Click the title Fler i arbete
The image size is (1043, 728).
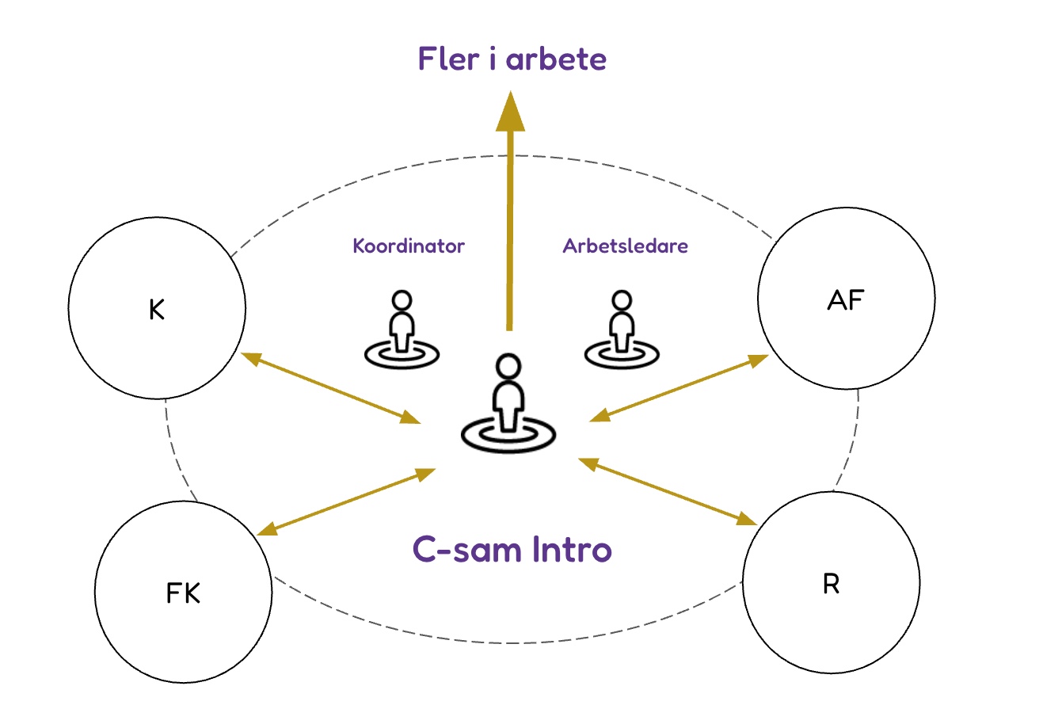[x=512, y=59]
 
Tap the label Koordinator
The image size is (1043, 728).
[x=409, y=246]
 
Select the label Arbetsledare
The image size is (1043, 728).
[x=625, y=246]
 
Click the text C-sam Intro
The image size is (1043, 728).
[x=512, y=549]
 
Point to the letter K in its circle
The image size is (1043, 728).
[x=157, y=310]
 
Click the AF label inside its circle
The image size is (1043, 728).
[x=846, y=300]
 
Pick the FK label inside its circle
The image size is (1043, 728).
[x=183, y=593]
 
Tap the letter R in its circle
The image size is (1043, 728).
[x=831, y=584]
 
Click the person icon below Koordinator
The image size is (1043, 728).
[x=402, y=330]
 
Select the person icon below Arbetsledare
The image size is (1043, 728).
[x=622, y=330]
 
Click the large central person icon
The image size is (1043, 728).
[x=508, y=403]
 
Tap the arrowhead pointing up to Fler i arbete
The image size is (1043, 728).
[x=510, y=111]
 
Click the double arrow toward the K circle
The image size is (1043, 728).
[x=331, y=388]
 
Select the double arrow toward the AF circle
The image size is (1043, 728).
[x=679, y=388]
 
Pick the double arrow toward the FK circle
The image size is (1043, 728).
[x=346, y=502]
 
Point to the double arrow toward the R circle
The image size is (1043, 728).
[x=668, y=492]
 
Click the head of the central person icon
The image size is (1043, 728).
[x=508, y=366]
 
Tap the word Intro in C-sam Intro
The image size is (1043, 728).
[x=572, y=549]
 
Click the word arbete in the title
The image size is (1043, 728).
[x=557, y=59]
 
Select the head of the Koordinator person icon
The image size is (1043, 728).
[x=402, y=300]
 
